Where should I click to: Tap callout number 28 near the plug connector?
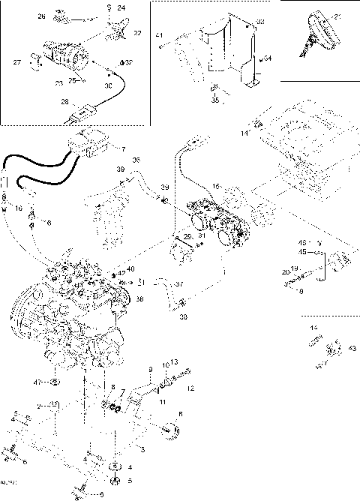tap(64, 102)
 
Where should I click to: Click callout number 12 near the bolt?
tap(190, 388)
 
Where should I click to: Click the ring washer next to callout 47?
tap(55, 383)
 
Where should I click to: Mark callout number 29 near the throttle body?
tap(187, 236)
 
